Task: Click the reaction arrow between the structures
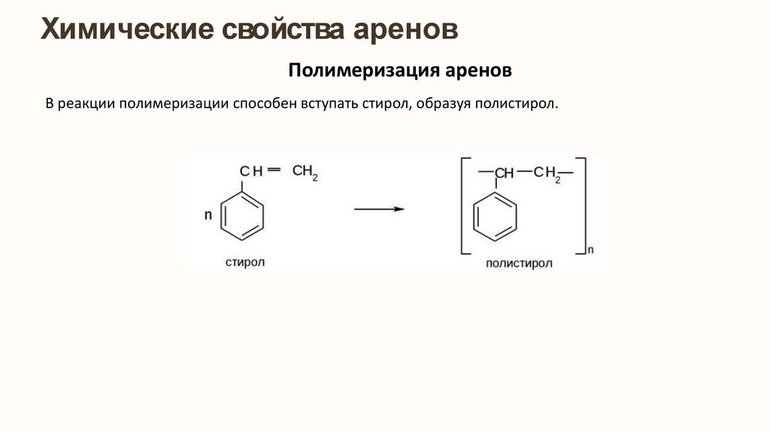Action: [x=379, y=209]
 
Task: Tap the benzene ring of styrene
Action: [x=243, y=215]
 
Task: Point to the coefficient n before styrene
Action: [x=208, y=216]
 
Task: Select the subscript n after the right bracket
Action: [x=590, y=248]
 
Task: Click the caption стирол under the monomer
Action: [x=245, y=262]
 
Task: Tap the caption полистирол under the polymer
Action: [x=519, y=263]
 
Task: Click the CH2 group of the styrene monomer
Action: [x=305, y=172]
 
